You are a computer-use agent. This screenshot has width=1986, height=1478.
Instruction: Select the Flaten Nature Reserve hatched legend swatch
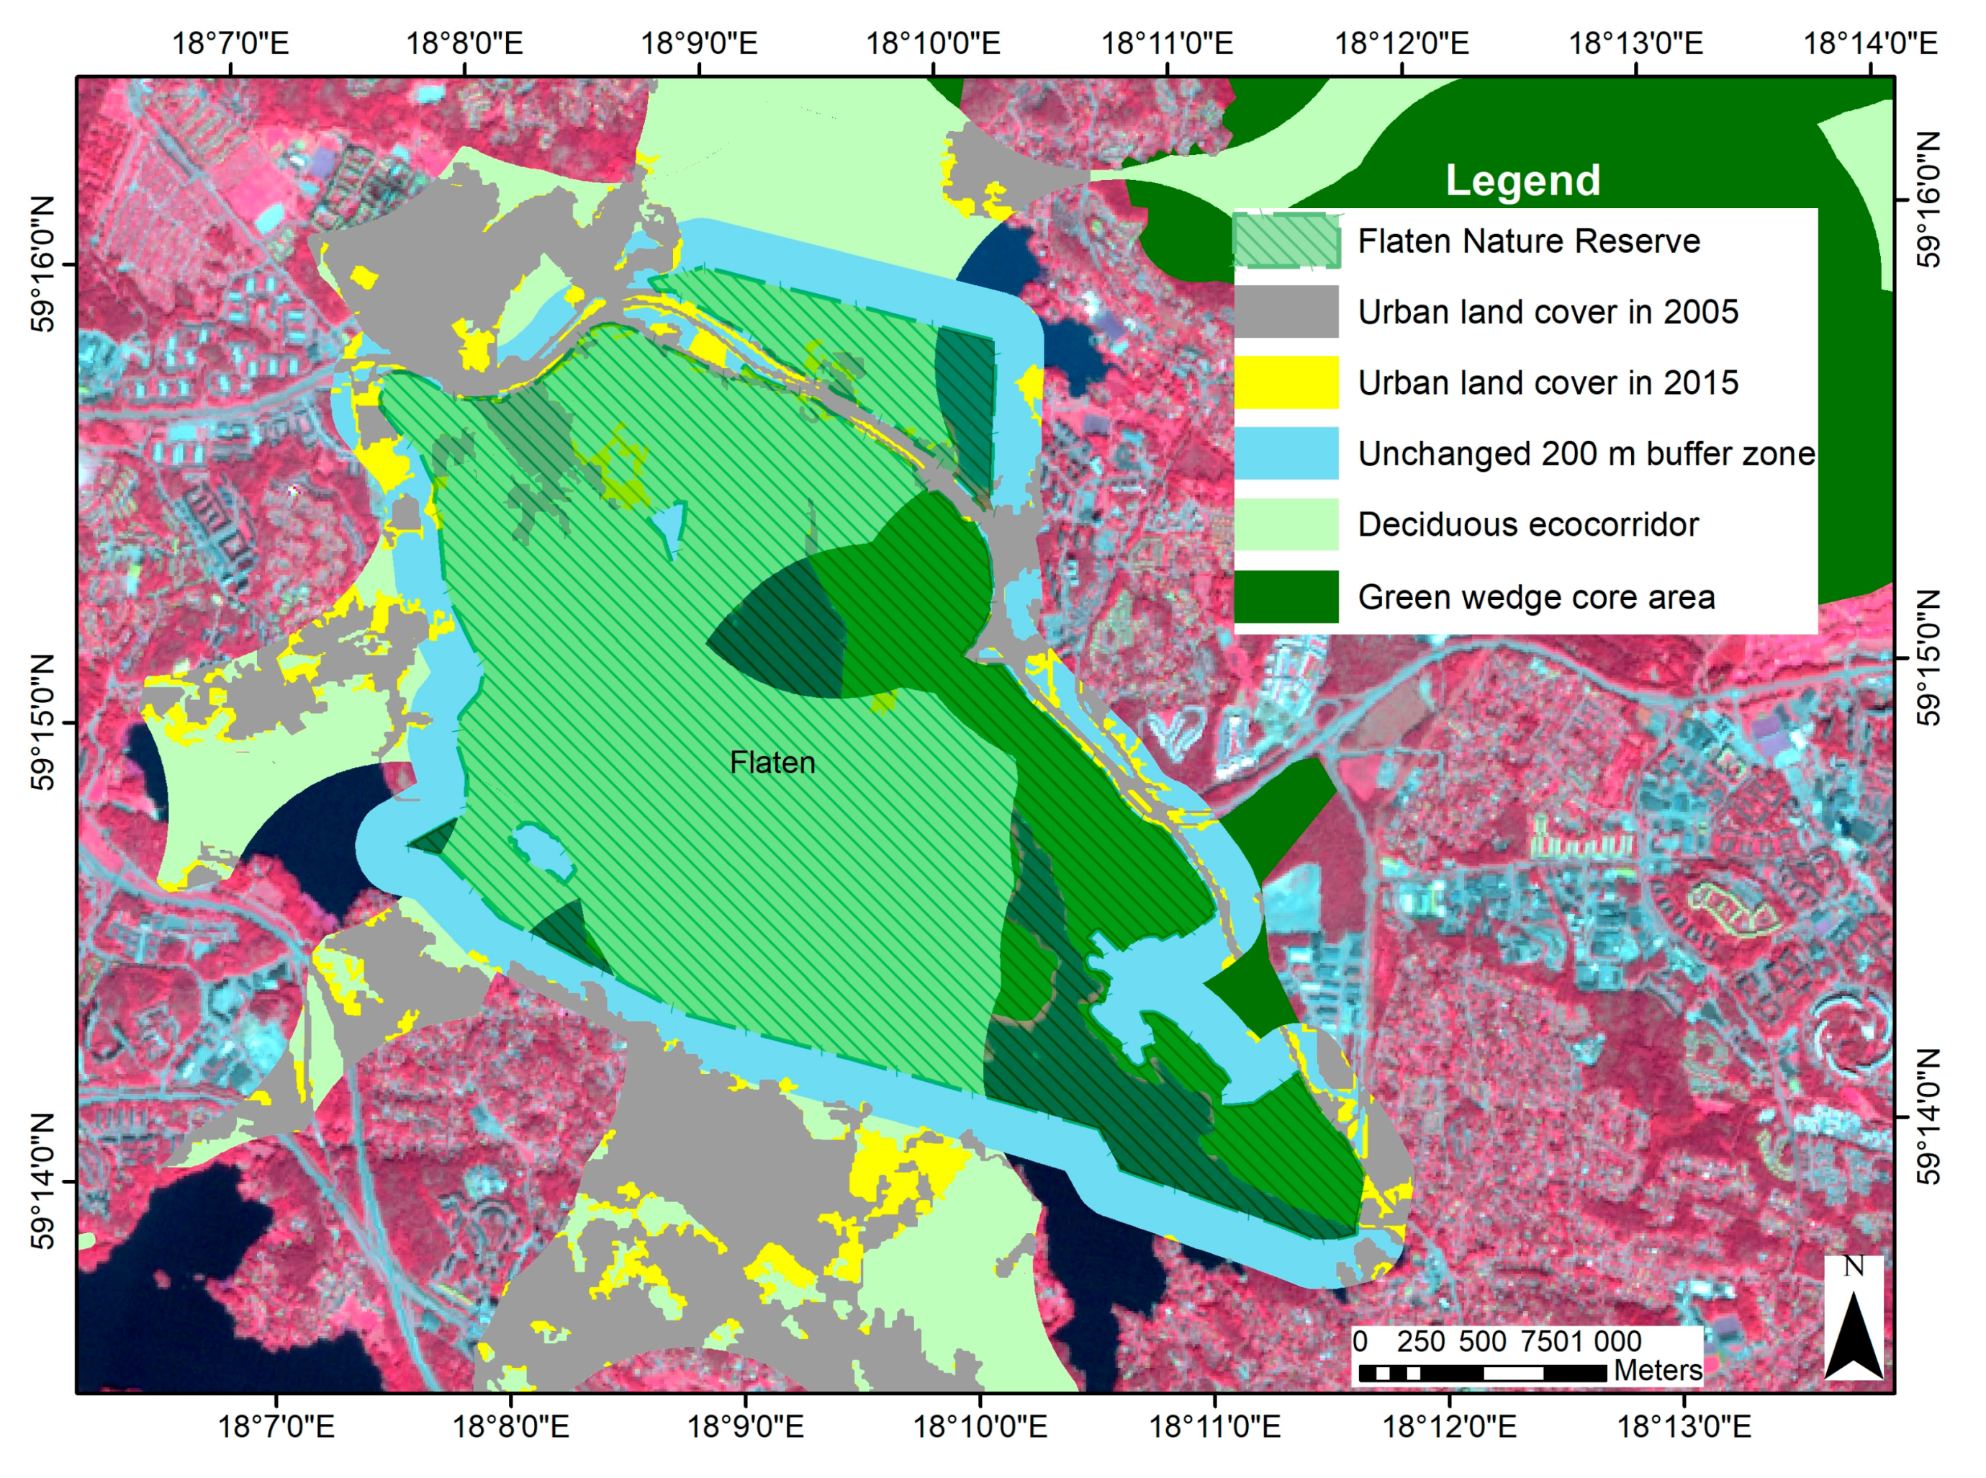[1286, 241]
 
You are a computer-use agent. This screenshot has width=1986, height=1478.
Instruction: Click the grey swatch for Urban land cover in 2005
[1286, 311]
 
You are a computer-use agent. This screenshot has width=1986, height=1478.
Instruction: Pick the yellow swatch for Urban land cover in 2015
[1286, 382]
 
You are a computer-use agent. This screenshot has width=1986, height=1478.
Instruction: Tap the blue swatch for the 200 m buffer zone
[1286, 453]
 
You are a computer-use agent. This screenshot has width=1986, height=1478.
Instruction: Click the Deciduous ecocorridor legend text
[1527, 524]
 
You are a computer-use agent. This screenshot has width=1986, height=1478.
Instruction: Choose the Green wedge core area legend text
[1535, 597]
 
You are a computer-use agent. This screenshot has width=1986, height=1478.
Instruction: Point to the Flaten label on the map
[772, 762]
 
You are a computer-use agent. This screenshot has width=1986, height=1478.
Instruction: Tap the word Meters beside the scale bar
[1657, 1370]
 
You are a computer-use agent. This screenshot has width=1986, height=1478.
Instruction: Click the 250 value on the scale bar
[1421, 1341]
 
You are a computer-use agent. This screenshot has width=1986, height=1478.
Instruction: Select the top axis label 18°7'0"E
[230, 43]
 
